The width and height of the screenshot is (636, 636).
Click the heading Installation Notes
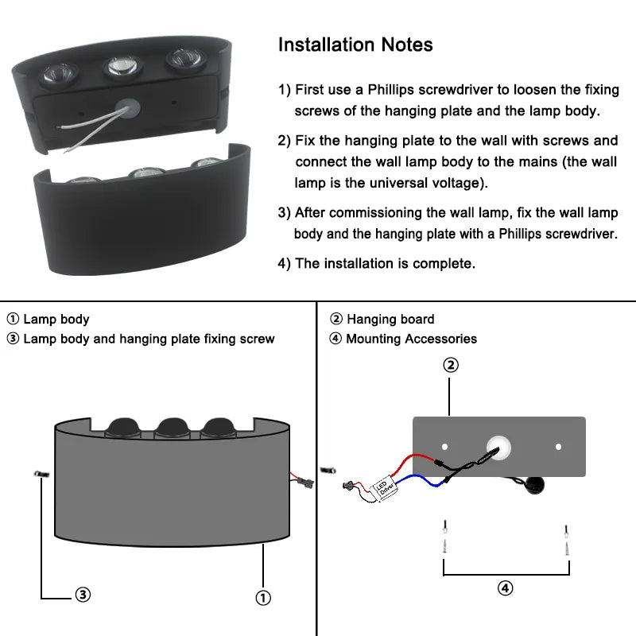pos(355,45)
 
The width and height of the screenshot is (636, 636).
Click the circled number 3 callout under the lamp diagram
pos(83,595)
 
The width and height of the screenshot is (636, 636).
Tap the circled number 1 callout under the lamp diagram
pos(263,597)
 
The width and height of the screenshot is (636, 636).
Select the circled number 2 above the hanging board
pos(450,365)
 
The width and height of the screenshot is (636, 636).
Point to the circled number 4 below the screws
pos(506,588)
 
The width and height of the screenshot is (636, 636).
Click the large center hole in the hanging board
pos(499,448)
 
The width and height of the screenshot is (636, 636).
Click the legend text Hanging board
pos(390,320)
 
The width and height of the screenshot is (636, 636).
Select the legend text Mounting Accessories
pos(411,339)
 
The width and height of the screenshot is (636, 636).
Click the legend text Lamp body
pos(56,320)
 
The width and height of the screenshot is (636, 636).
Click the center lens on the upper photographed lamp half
pos(122,67)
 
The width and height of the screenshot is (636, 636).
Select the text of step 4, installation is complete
pos(377,263)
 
